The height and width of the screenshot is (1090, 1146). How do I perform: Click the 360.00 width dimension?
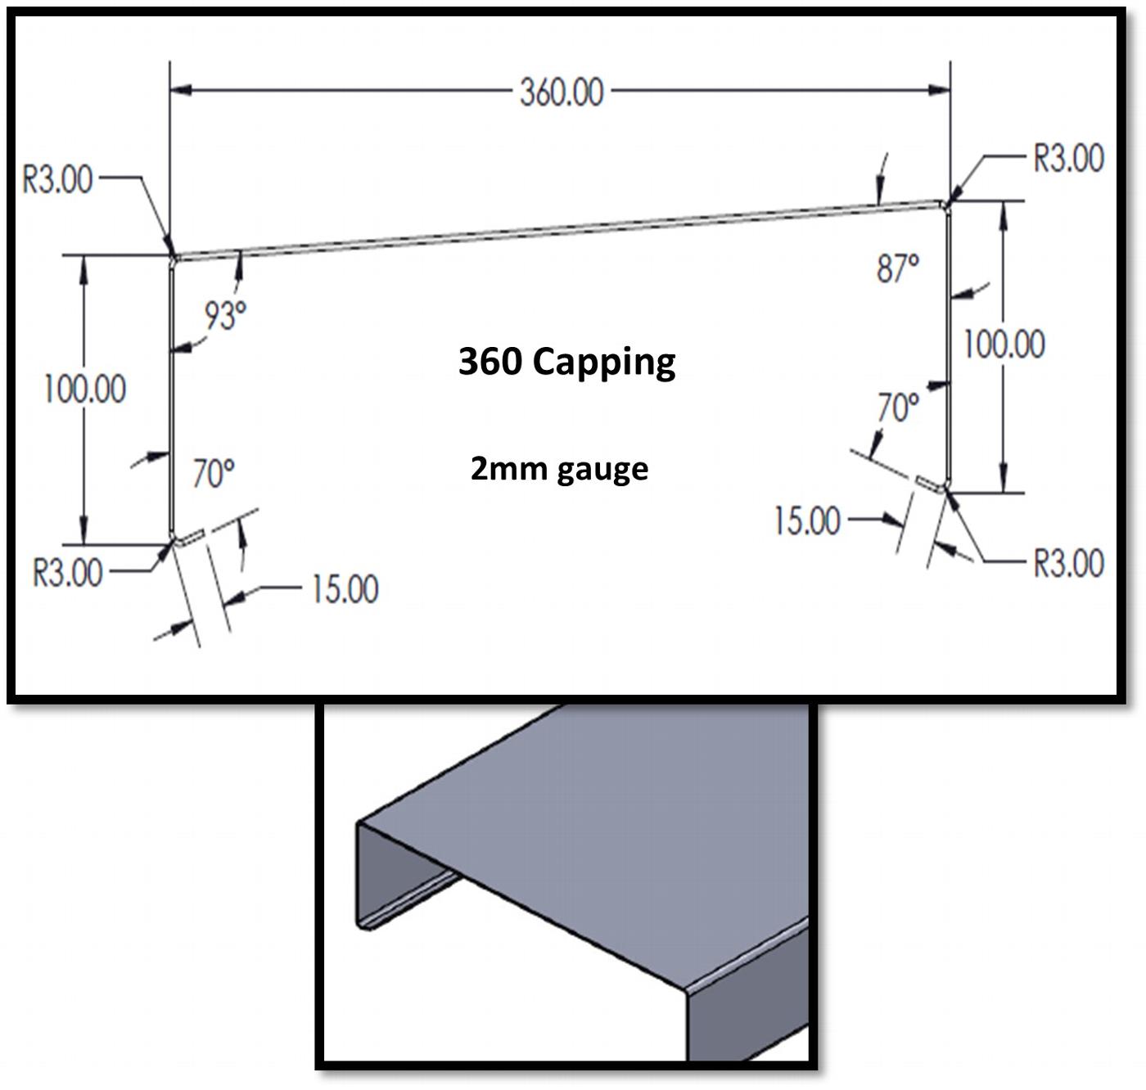click(562, 92)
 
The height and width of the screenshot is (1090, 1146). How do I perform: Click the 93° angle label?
click(225, 315)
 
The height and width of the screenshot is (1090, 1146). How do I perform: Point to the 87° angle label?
click(897, 268)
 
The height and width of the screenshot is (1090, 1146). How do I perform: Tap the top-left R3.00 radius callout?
click(57, 179)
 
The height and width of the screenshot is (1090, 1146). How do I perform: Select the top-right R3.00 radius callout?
click(1068, 158)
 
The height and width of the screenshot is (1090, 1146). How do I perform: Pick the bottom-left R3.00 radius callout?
click(68, 572)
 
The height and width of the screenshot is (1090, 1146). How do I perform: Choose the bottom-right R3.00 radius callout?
click(1068, 563)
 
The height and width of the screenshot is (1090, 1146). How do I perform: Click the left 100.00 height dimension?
click(85, 389)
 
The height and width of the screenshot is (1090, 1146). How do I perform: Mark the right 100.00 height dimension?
click(1004, 344)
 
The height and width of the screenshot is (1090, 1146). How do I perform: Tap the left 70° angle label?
click(214, 473)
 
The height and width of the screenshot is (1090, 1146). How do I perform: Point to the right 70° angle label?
click(898, 407)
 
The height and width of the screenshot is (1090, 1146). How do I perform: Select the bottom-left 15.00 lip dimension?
click(345, 588)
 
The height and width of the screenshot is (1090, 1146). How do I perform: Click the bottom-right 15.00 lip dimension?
click(807, 520)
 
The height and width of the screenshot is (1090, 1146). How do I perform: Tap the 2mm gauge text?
click(559, 469)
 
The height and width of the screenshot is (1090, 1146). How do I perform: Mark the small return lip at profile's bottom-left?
click(190, 536)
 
